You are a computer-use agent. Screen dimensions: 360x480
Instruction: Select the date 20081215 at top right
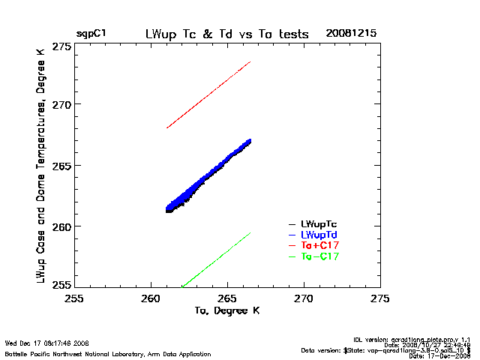point(351,34)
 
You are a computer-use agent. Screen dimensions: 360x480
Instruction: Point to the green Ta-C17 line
point(217,259)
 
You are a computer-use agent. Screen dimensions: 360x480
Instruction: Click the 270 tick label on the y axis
point(61,104)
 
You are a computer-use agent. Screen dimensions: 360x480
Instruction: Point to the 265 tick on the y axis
point(61,165)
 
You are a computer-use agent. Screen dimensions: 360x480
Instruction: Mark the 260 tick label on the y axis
point(61,226)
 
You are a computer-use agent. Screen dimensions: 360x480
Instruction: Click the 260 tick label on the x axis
point(151,297)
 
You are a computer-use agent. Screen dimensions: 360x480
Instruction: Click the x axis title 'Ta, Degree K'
point(226,310)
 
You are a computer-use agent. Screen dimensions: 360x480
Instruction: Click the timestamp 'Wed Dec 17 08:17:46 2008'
point(46,343)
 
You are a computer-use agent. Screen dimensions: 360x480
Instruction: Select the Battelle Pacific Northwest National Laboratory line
point(88,352)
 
